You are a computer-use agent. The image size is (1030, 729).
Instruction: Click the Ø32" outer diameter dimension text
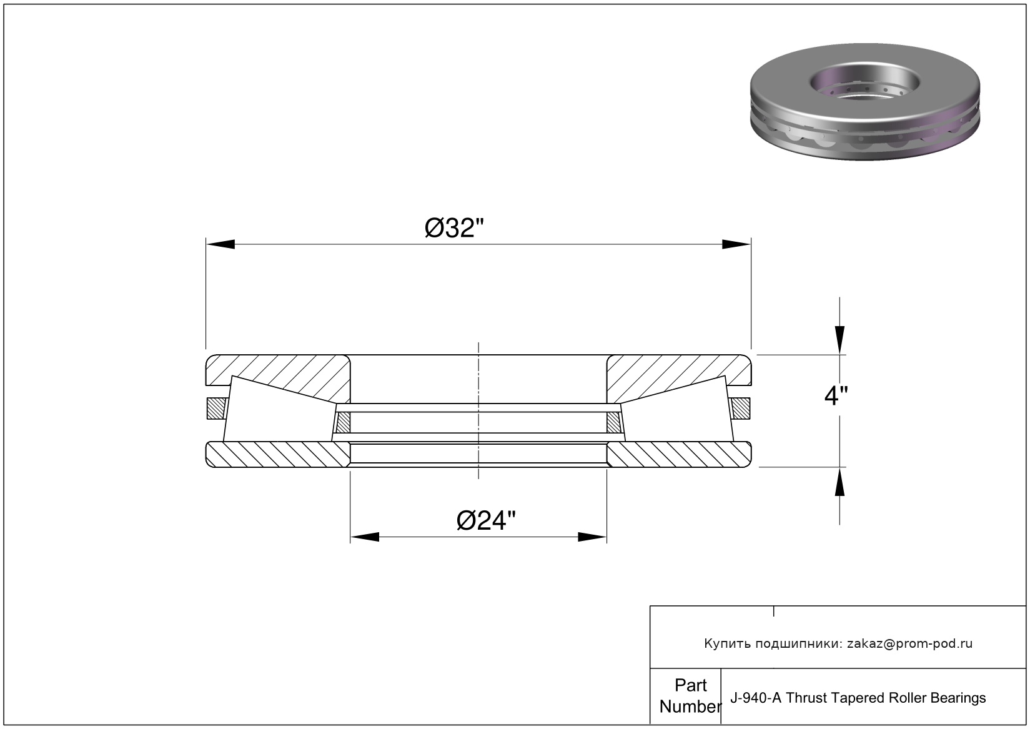[x=454, y=229]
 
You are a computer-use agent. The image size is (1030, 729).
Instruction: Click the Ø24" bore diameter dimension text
[x=487, y=520]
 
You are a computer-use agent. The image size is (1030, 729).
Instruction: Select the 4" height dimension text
[x=836, y=396]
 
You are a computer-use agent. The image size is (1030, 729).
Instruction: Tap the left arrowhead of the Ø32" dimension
[x=220, y=244]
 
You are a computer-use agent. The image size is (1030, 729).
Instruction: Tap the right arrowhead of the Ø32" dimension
[x=736, y=244]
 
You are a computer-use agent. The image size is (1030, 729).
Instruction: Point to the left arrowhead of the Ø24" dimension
[x=365, y=537]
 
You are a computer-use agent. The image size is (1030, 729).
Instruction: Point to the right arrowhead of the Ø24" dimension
[x=592, y=537]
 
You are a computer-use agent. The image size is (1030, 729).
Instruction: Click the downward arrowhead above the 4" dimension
[x=840, y=340]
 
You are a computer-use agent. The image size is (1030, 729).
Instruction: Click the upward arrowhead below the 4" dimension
[x=840, y=482]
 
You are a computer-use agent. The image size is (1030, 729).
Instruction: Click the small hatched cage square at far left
[x=214, y=409]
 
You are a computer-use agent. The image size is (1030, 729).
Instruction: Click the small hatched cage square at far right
[x=741, y=409]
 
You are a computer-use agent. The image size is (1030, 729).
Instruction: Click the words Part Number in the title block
[x=690, y=696]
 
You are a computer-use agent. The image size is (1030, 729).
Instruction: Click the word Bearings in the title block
[x=958, y=698]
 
